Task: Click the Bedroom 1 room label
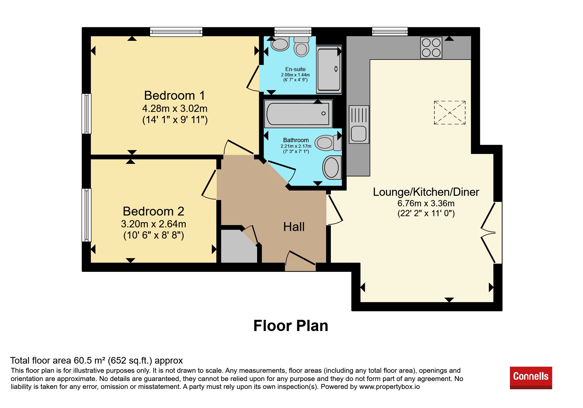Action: click(x=174, y=95)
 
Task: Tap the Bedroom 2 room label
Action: click(x=153, y=211)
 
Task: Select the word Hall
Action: click(x=294, y=227)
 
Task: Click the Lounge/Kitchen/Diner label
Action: click(x=426, y=192)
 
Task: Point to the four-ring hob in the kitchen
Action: click(x=431, y=48)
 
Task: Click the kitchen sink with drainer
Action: click(x=359, y=124)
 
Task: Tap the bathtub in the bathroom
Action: click(x=298, y=114)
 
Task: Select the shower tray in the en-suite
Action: click(x=329, y=69)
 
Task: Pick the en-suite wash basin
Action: click(x=280, y=44)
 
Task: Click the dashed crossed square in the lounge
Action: click(x=450, y=113)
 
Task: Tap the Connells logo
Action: click(x=531, y=378)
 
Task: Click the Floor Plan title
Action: click(x=291, y=326)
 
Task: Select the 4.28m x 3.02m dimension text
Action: click(x=175, y=108)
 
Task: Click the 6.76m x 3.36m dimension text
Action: click(x=426, y=203)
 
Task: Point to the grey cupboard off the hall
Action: click(x=239, y=247)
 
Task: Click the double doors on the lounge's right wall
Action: click(x=490, y=232)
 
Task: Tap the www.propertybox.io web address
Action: click(x=389, y=387)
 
